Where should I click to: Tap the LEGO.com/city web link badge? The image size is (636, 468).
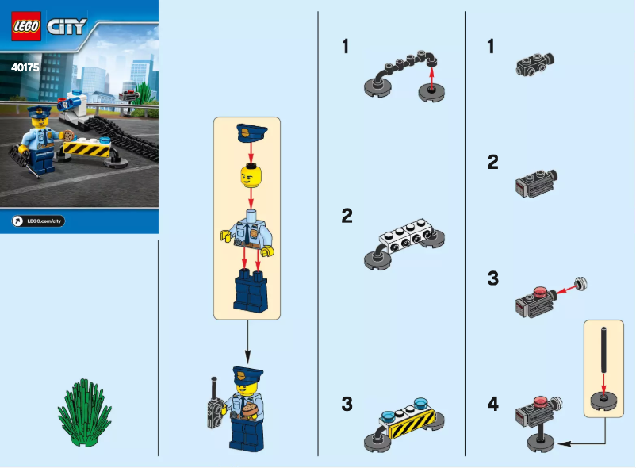(x=38, y=221)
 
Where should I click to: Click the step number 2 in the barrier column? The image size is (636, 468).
(x=347, y=216)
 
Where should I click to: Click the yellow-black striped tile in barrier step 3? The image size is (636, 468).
(x=411, y=430)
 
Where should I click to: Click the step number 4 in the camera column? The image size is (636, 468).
(x=493, y=405)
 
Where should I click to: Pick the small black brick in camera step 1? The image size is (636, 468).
(x=534, y=62)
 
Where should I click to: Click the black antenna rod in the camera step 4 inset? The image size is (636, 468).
(x=603, y=350)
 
